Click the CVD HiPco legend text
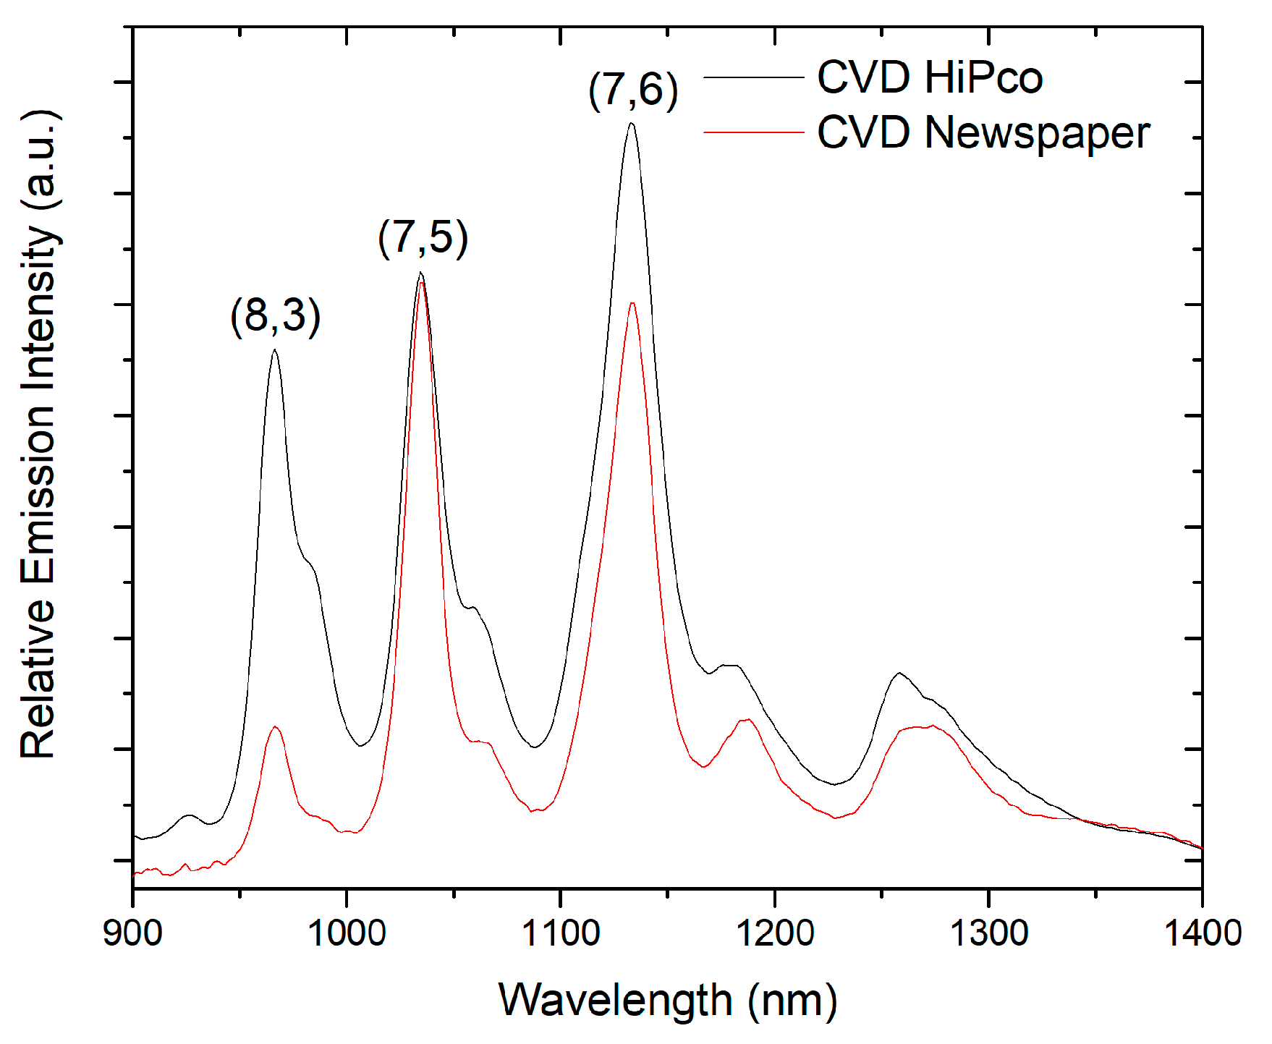pos(930,77)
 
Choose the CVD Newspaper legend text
pos(983,132)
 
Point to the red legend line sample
pos(753,132)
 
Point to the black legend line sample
pos(753,77)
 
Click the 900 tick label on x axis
pos(132,933)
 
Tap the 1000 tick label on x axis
pos(347,933)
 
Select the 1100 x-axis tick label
pos(561,933)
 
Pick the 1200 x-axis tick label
pos(775,933)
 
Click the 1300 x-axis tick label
pos(988,933)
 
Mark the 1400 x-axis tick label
pos(1201,933)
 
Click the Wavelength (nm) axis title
pos(667,1001)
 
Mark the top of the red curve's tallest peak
pos(421,283)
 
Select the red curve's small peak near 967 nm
pos(275,726)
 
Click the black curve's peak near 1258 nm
pos(899,673)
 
